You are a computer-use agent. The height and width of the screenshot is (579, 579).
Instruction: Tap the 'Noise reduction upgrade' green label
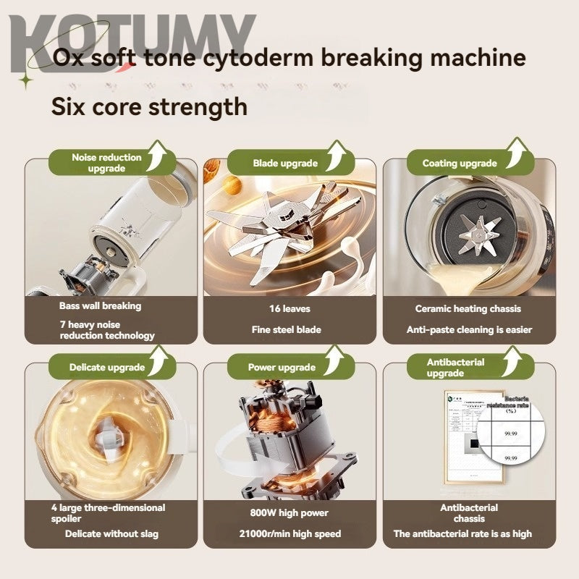pos(106,163)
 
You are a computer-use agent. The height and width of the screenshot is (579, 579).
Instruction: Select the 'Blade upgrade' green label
pos(285,164)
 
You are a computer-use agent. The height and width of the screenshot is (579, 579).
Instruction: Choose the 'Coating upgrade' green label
pos(460,164)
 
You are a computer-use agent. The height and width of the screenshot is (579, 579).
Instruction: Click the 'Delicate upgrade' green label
pos(106,367)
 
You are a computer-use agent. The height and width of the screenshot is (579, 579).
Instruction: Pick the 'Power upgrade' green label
pos(282,367)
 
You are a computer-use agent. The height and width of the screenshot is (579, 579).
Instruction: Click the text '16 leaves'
pos(289,309)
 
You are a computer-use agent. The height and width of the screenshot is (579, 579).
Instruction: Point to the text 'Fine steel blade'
pos(289,330)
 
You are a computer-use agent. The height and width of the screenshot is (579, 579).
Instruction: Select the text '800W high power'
pos(289,513)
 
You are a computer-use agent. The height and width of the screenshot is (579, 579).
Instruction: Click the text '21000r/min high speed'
pos(289,534)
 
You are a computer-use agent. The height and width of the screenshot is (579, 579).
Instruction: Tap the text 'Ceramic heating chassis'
pos(468,309)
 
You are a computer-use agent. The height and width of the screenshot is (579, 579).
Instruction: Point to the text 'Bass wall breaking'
pos(101,305)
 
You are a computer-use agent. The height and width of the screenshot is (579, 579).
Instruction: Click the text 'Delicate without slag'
pos(111,534)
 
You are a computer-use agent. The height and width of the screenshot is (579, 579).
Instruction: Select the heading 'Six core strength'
pos(149,106)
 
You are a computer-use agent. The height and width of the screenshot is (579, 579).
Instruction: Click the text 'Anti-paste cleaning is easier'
pos(469,330)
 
